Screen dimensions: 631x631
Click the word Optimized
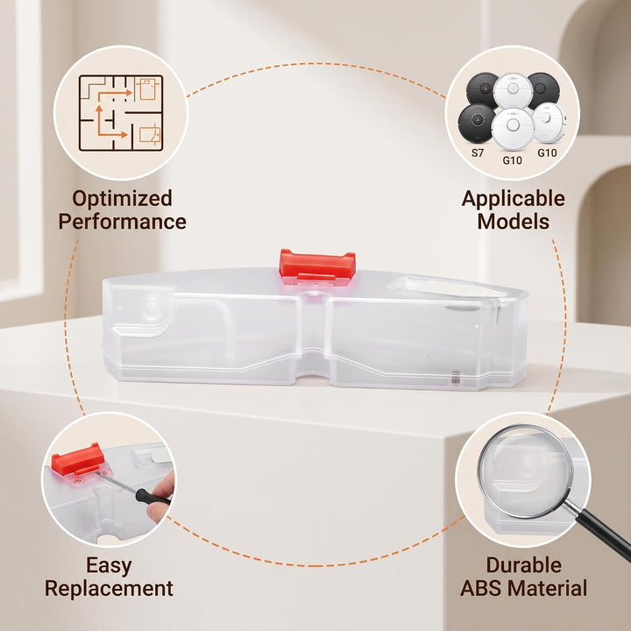click(123, 199)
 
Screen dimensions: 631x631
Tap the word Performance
click(123, 222)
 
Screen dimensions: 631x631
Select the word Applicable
click(513, 199)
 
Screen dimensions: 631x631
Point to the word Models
click(513, 222)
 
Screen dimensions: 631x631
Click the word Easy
click(109, 566)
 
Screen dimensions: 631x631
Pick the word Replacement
click(109, 588)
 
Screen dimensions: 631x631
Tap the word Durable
click(523, 565)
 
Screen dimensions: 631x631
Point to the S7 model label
click(478, 152)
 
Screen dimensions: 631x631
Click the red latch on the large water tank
click(317, 265)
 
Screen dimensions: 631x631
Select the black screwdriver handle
click(152, 497)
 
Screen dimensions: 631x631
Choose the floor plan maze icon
click(121, 113)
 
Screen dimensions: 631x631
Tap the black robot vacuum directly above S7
click(477, 124)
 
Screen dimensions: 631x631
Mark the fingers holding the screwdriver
click(162, 499)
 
